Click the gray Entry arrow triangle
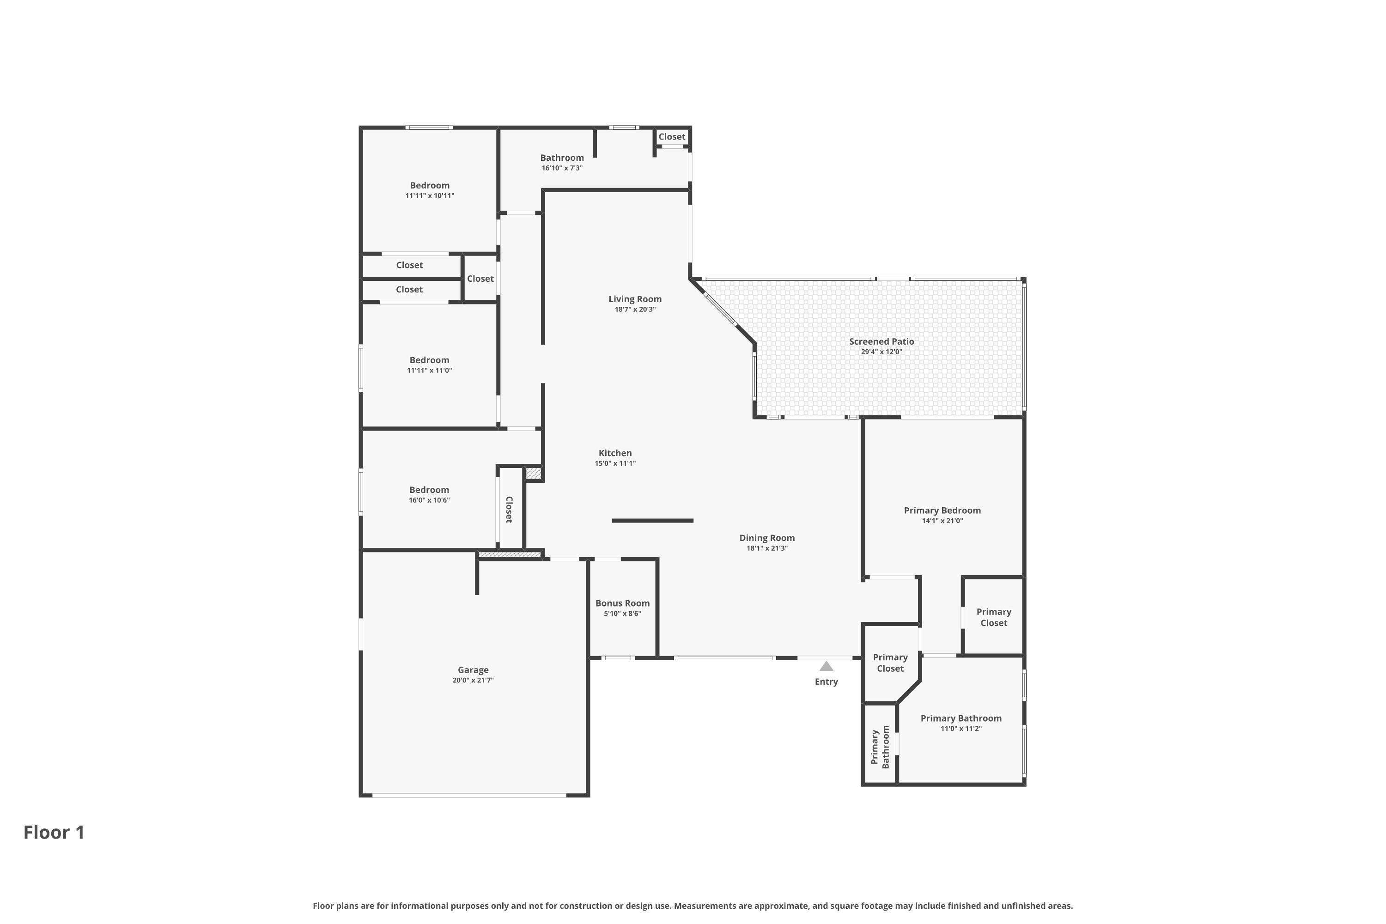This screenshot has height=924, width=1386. (x=826, y=667)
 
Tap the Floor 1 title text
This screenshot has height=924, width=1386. (x=54, y=832)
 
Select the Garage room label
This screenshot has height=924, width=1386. (x=473, y=669)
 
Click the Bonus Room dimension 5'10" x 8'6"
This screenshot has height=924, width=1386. (x=622, y=614)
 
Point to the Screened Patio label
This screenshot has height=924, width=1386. (x=881, y=341)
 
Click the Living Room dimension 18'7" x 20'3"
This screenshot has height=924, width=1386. (x=635, y=310)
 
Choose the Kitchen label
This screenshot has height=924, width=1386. (x=614, y=453)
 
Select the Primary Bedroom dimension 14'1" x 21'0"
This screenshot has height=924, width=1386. (x=942, y=521)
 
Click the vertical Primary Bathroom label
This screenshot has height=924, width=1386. (x=880, y=747)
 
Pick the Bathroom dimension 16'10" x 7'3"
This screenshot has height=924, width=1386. (x=562, y=168)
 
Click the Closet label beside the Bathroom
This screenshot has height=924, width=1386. (x=672, y=136)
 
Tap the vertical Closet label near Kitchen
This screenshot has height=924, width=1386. (x=509, y=509)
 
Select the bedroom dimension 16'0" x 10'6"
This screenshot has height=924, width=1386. (x=429, y=500)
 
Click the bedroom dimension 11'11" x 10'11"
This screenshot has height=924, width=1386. (x=430, y=195)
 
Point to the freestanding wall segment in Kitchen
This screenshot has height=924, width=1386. (x=652, y=520)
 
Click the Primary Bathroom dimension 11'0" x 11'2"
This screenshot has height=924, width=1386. (x=960, y=729)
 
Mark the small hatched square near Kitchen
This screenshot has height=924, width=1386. (x=533, y=473)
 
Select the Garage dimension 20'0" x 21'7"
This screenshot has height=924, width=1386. (x=473, y=680)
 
